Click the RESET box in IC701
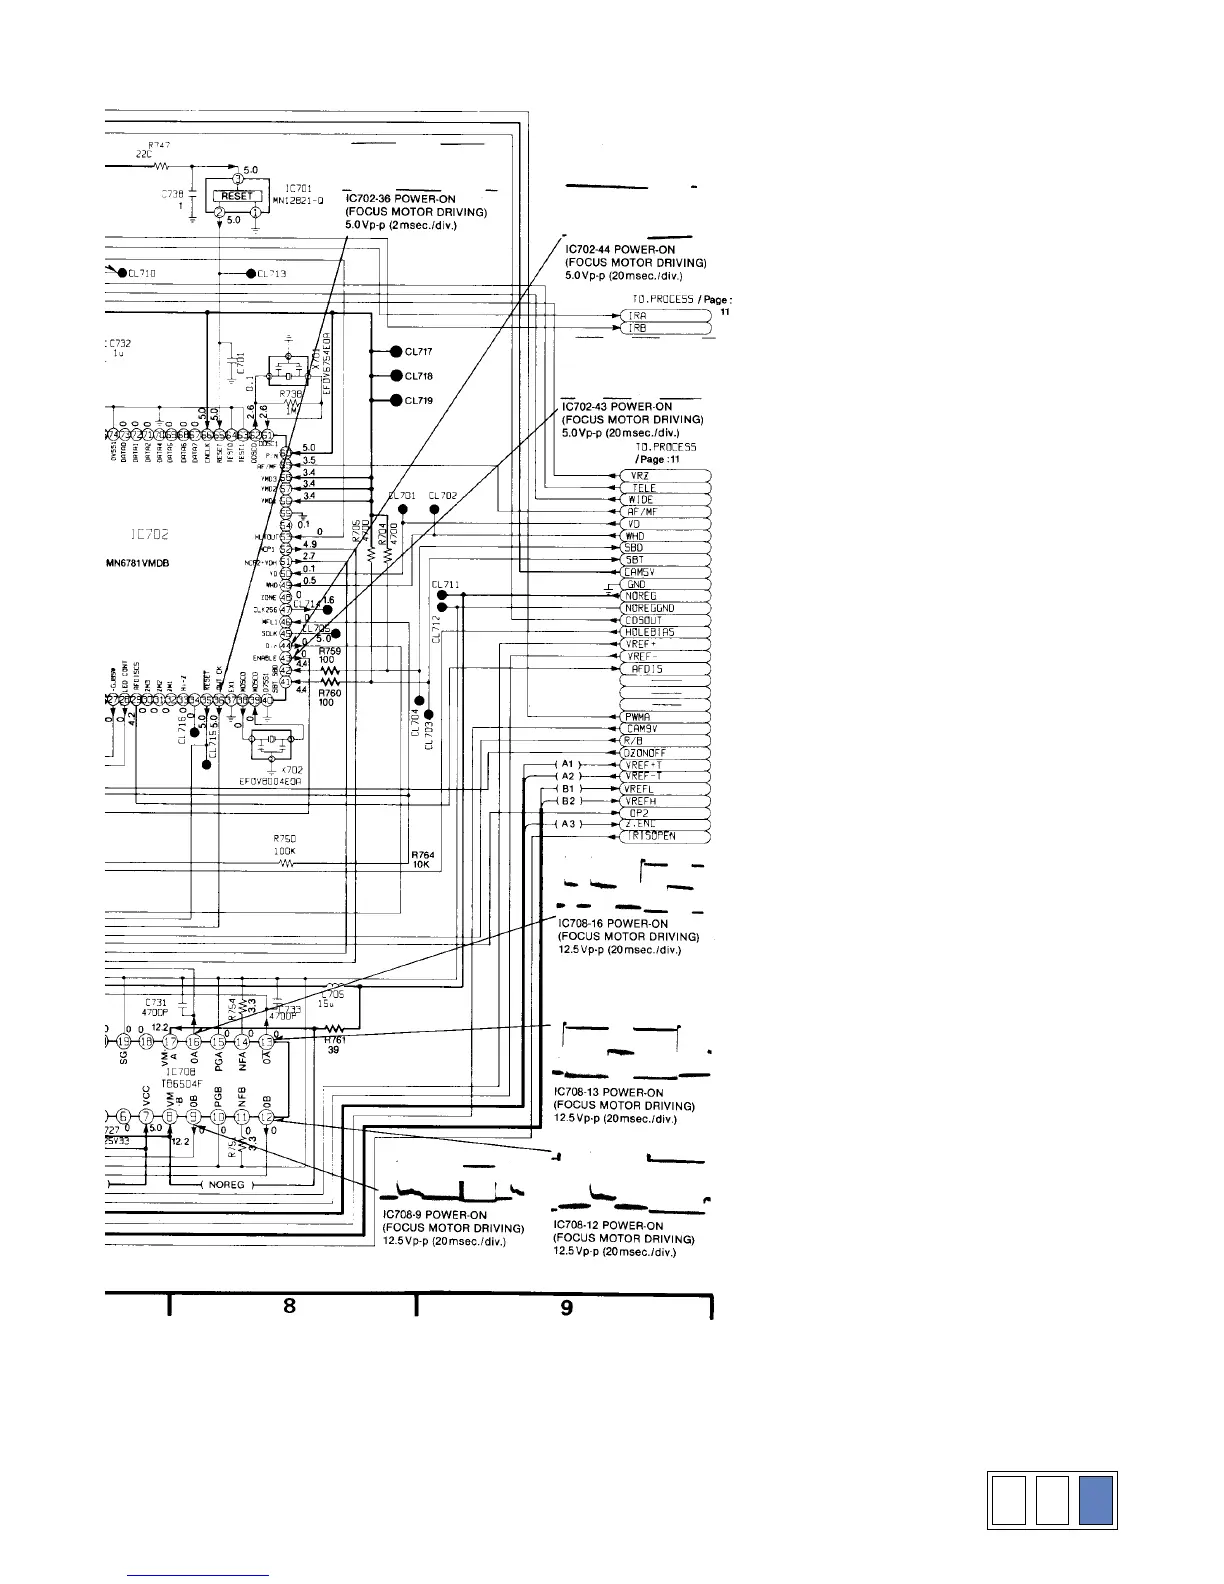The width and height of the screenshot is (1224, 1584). coord(237,196)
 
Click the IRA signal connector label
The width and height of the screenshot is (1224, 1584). coord(637,316)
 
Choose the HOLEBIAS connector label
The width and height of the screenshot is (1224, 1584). coord(648,633)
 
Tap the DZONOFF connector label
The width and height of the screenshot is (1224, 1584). coord(644,752)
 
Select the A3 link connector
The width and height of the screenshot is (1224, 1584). coord(567,824)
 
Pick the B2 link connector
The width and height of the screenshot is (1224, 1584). coord(567,800)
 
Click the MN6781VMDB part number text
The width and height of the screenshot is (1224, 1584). coord(137,563)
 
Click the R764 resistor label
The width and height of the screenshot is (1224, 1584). coord(422,854)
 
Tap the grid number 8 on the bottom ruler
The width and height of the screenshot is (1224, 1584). coord(289,1305)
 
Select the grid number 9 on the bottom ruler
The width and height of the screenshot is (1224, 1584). coord(567,1307)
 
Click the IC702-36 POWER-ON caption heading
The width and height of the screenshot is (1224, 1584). coord(400,199)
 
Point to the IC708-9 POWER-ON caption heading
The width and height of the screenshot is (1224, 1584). coord(435,1215)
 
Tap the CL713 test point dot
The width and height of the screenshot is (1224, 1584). coord(250,274)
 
